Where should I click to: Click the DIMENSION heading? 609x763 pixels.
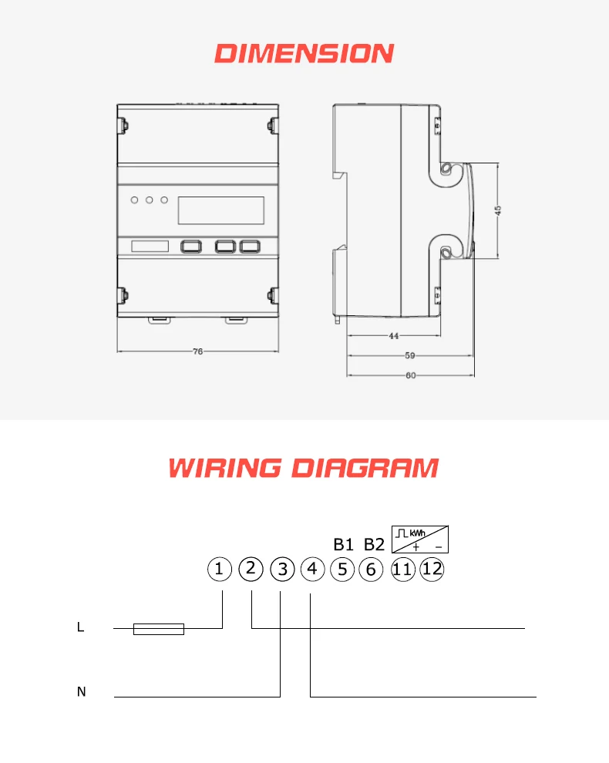304,53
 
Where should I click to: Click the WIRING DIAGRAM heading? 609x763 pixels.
304,468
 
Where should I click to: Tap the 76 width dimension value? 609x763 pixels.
197,351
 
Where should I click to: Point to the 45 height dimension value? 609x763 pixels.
498,211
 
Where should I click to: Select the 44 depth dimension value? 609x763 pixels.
393,336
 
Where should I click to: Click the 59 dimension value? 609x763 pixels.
410,356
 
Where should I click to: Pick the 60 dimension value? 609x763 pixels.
410,375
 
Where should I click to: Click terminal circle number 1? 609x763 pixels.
220,570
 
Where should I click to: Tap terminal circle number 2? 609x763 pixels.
251,569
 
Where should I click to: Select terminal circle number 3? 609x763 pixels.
283,570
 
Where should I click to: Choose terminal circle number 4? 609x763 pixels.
312,570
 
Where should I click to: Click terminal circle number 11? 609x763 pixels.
402,570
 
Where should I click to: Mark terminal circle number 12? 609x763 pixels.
432,570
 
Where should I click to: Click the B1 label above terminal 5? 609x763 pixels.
342,544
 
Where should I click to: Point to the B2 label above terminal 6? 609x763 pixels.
373,544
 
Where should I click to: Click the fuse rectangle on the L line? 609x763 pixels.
159,629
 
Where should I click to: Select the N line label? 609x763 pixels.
81,692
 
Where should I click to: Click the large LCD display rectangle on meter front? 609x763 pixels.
221,210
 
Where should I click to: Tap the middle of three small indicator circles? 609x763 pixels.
149,201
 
